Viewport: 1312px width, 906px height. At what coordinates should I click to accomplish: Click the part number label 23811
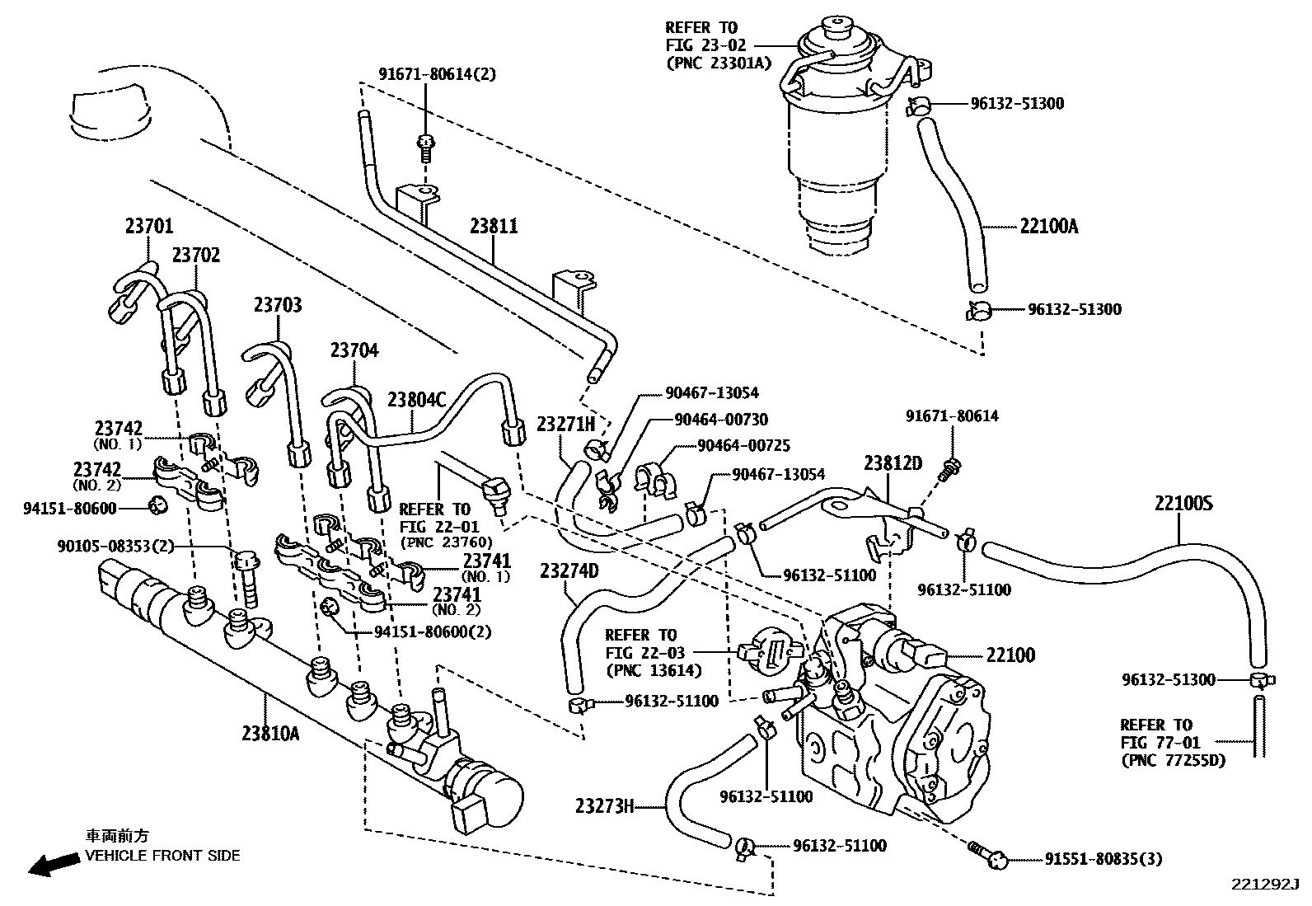pyautogui.click(x=494, y=226)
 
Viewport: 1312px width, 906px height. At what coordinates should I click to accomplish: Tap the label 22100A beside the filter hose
pyautogui.click(x=1048, y=226)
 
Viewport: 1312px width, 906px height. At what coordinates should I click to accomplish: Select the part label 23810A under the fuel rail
pyautogui.click(x=270, y=732)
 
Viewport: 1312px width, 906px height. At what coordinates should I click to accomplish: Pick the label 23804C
pyautogui.click(x=416, y=401)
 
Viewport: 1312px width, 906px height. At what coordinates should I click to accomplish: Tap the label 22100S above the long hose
pyautogui.click(x=1183, y=504)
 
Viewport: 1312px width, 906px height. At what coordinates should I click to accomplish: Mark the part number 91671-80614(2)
pyautogui.click(x=437, y=74)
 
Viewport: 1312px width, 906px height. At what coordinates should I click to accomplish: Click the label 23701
pyautogui.click(x=149, y=224)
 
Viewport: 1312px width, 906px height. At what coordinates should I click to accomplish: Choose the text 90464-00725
pyautogui.click(x=743, y=446)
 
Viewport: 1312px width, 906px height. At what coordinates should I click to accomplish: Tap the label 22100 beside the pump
pyautogui.click(x=1010, y=655)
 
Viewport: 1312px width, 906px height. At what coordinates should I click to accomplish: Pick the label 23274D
pyautogui.click(x=569, y=570)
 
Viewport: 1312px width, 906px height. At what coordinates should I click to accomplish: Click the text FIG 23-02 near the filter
pyautogui.click(x=701, y=45)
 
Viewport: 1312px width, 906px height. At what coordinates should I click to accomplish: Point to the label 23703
pyautogui.click(x=278, y=306)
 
